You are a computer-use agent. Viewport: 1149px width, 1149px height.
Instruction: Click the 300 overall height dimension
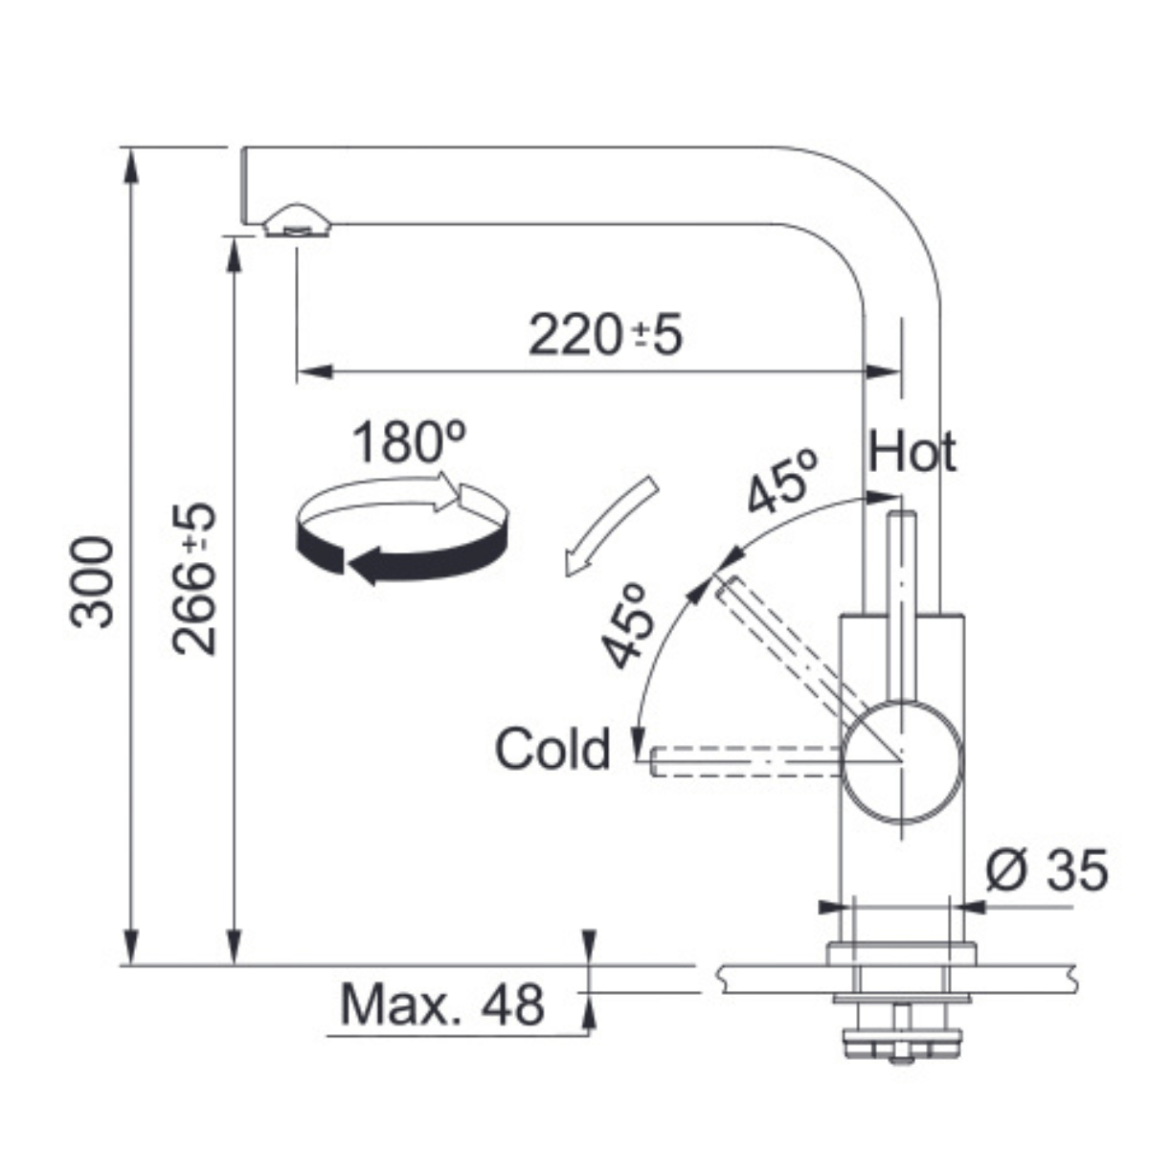pos(91,582)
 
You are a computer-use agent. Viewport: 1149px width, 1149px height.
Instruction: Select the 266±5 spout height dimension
pos(193,579)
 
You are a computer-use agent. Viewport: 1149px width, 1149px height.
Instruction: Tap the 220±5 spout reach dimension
pos(605,336)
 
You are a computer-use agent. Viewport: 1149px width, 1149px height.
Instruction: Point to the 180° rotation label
pos(409,441)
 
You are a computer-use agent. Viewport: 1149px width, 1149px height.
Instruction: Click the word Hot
pos(912,452)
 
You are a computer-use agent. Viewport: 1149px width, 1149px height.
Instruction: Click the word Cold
pos(552,749)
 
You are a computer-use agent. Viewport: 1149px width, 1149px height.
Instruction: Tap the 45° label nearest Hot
pos(783,482)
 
